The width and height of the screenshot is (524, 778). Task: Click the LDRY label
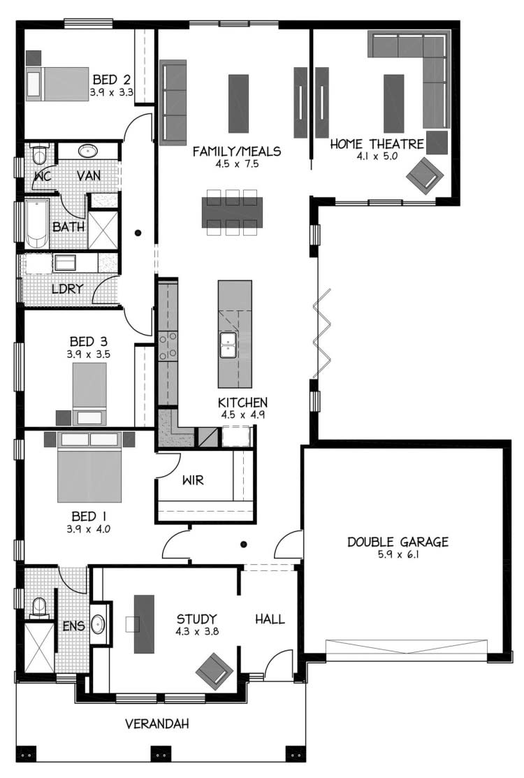tap(68, 288)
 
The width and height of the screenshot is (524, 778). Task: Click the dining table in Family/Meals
tap(232, 211)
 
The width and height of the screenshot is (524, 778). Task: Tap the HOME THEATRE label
tap(377, 145)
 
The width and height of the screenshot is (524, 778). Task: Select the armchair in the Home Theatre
tap(425, 174)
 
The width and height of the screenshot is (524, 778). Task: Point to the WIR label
tap(193, 481)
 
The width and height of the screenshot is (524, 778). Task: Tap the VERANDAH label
tap(157, 723)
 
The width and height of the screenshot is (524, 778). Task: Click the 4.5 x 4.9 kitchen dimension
tap(242, 415)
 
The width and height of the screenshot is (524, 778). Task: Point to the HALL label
tap(270, 619)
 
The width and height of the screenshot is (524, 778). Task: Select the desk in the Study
tap(144, 624)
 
